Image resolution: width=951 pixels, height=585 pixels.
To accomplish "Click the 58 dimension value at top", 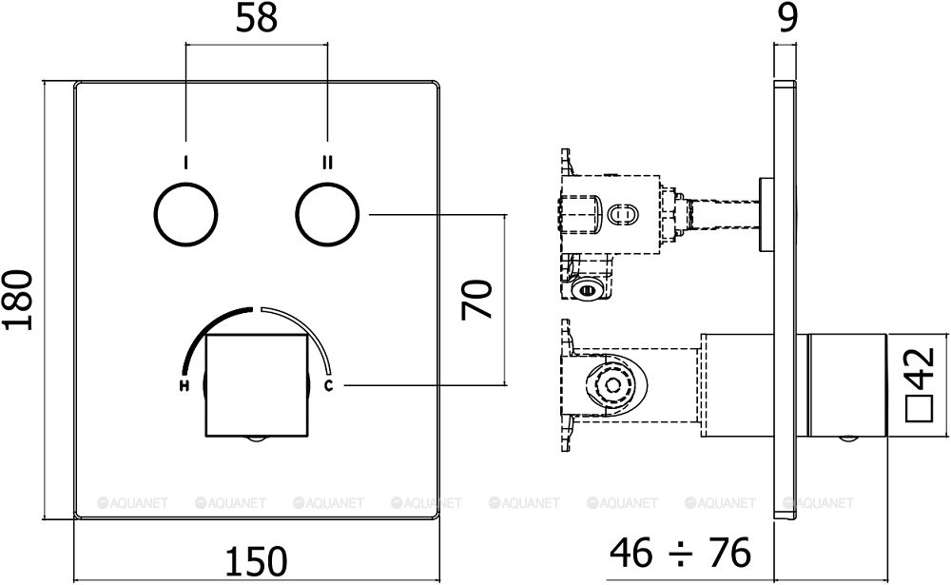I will [257, 19].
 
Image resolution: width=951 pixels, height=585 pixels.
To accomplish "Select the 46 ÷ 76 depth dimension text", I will [680, 550].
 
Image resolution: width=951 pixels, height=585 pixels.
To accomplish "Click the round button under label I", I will [185, 215].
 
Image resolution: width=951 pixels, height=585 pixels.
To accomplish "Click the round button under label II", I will [327, 215].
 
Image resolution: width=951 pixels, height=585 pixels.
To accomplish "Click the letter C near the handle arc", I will [329, 385].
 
